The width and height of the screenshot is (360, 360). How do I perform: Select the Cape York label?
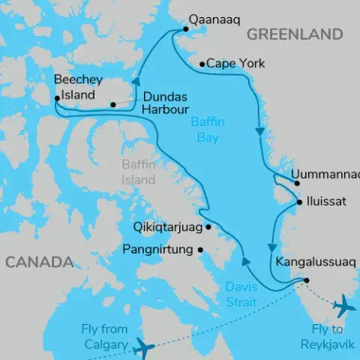(235, 64)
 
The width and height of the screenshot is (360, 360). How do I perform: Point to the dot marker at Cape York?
(202, 64)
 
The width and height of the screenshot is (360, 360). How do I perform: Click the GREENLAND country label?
(295, 34)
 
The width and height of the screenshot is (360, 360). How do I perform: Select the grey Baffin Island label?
(139, 173)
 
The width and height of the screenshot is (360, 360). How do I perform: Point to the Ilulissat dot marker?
(299, 202)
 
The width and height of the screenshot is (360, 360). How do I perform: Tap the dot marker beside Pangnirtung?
(200, 250)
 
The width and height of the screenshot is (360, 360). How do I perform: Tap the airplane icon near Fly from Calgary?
(142, 347)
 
